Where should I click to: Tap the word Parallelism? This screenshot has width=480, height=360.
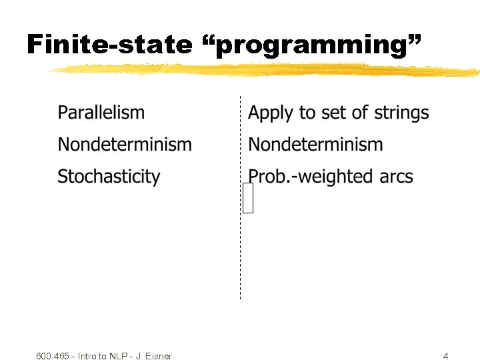pyautogui.click(x=101, y=113)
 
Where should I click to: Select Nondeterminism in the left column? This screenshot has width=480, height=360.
pyautogui.click(x=124, y=145)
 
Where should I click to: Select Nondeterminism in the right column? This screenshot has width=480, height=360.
pyautogui.click(x=315, y=145)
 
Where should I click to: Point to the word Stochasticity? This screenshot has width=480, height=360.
pyautogui.click(x=109, y=177)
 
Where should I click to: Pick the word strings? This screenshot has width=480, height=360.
pyautogui.click(x=402, y=113)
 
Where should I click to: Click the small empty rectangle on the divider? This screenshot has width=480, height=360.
pyautogui.click(x=248, y=198)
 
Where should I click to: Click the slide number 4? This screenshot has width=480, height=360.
pyautogui.click(x=446, y=356)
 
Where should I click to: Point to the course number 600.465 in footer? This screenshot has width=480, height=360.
pyautogui.click(x=53, y=356)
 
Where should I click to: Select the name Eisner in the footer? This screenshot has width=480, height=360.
pyautogui.click(x=159, y=356)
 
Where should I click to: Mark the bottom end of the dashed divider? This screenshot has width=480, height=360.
pyautogui.click(x=240, y=297)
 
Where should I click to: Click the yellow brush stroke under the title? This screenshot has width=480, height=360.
pyautogui.click(x=267, y=69)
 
